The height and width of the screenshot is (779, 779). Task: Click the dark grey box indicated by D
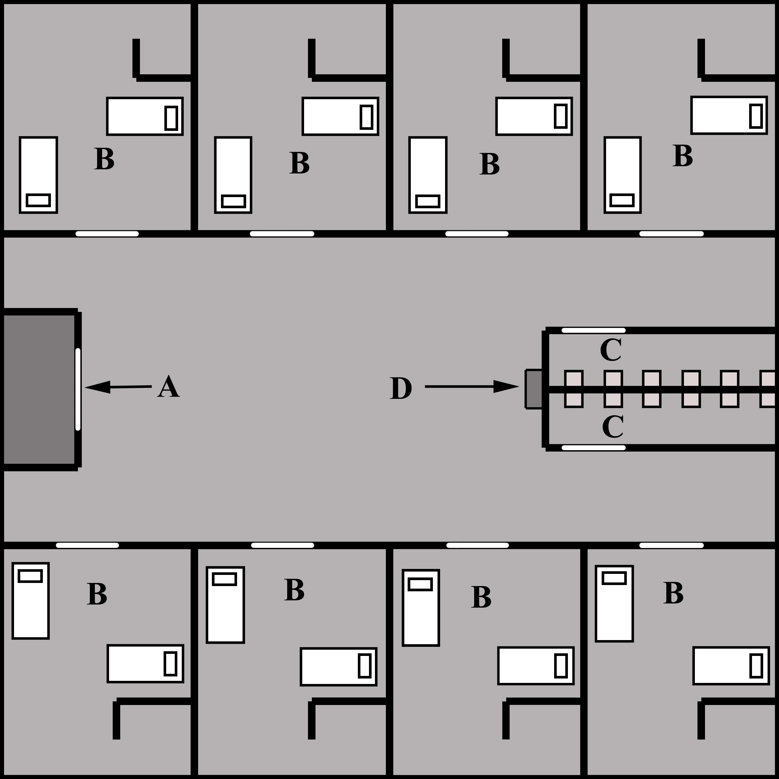click(x=534, y=389)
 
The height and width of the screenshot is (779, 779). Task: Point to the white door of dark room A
click(x=78, y=389)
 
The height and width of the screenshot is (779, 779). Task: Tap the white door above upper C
click(x=594, y=331)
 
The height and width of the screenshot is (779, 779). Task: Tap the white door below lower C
click(x=594, y=448)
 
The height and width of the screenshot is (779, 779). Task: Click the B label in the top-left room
click(x=104, y=159)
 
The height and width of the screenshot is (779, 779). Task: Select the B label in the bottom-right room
click(x=673, y=593)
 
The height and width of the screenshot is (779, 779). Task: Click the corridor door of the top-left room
click(x=107, y=234)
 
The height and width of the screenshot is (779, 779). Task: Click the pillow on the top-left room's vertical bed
click(x=38, y=200)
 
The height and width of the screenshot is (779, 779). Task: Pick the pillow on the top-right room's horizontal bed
click(x=756, y=116)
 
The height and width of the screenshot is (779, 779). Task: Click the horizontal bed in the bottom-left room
click(x=145, y=664)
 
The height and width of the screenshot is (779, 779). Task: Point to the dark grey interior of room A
click(x=38, y=389)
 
